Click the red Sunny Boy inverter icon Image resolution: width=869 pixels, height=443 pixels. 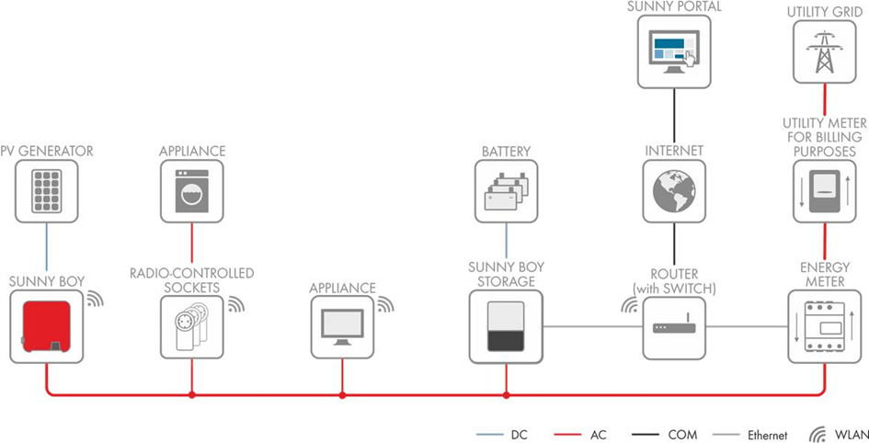coord(46,326)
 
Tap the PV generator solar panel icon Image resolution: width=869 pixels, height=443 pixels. coord(46,191)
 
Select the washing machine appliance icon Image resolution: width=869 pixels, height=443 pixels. coord(192,191)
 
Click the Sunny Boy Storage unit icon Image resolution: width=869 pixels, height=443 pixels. coord(506,326)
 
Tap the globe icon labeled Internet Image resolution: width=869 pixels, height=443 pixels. coord(674,191)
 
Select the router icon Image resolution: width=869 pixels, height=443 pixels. coord(674,326)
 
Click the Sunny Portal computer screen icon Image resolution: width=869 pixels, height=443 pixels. coord(674,51)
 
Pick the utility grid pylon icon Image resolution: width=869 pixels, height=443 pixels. coord(825,51)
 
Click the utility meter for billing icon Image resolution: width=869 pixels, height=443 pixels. coord(825,191)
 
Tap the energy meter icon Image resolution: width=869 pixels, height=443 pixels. coord(825,326)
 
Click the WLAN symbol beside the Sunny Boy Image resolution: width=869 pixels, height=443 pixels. coord(96,299)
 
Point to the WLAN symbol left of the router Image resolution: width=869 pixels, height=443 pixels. coord(630,306)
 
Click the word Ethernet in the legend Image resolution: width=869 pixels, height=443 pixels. coord(767,436)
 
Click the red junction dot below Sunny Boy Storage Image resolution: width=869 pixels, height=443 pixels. coord(506,395)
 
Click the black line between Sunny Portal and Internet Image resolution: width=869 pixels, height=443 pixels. coord(674,117)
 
